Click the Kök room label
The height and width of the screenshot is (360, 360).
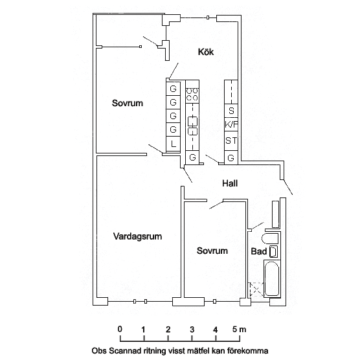tap(206, 52)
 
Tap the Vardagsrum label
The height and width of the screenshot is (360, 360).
tap(137, 236)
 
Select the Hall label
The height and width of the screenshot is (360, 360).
tap(230, 183)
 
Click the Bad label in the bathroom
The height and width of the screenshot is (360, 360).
tap(259, 251)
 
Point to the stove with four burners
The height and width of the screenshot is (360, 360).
tap(192, 95)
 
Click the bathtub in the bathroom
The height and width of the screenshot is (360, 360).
tap(273, 278)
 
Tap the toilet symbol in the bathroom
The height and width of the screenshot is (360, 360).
tap(270, 239)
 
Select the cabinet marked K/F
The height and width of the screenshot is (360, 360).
tap(231, 124)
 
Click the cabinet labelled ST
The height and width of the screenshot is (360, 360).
tap(231, 141)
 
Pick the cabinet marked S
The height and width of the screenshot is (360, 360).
tap(231, 111)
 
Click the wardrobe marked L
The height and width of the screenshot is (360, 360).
tap(173, 144)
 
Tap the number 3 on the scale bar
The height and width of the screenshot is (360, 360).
tap(192, 330)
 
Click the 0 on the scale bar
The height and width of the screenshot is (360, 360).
tap(120, 329)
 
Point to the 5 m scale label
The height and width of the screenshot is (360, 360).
tap(239, 330)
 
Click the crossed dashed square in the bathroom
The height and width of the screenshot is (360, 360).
tap(256, 289)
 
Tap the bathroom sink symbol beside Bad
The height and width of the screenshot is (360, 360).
tap(273, 251)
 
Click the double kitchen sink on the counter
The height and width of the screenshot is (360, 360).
tap(192, 126)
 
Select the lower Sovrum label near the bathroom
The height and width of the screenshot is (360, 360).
tap(212, 251)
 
